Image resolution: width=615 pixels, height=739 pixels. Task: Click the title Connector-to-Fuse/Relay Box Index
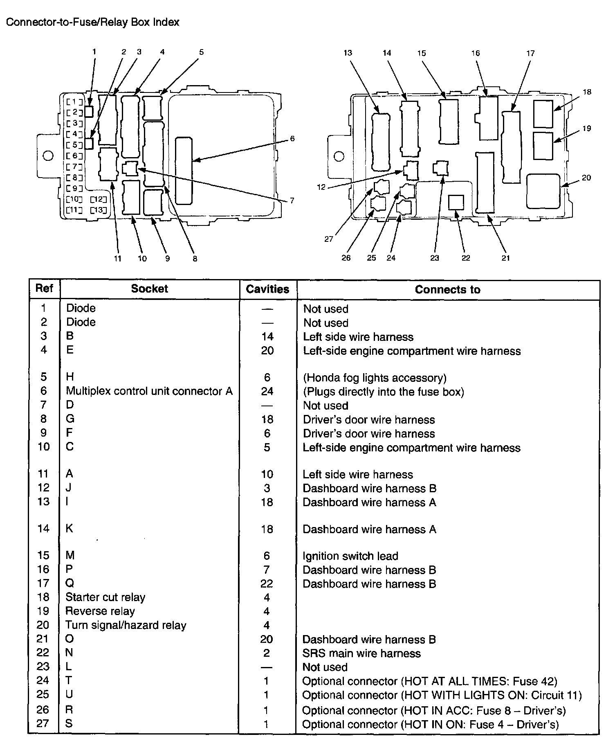tap(93, 22)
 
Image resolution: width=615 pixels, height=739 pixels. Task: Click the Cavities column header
tap(267, 289)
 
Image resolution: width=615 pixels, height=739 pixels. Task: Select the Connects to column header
tap(447, 290)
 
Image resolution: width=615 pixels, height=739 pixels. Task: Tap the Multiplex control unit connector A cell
tap(149, 391)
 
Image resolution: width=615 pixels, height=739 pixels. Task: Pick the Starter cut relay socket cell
tap(105, 597)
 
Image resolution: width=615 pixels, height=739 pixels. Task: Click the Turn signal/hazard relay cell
tap(126, 625)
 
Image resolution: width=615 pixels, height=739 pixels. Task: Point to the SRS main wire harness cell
tap(361, 653)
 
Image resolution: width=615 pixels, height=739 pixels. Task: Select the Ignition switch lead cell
tap(350, 556)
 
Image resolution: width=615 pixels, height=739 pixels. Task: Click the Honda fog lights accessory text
tap(375, 378)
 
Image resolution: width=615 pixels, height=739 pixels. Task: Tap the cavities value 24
tap(267, 392)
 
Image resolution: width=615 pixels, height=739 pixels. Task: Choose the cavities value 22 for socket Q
tap(267, 584)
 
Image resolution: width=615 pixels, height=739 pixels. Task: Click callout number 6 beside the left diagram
tap(292, 139)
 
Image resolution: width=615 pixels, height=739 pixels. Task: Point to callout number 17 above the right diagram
tap(530, 53)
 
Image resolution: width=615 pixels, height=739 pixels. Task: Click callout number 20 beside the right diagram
tap(586, 178)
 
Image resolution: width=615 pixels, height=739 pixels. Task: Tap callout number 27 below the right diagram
tap(329, 239)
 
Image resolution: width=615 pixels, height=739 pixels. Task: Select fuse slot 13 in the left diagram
tap(98, 210)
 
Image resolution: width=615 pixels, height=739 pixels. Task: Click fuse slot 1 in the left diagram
tap(75, 102)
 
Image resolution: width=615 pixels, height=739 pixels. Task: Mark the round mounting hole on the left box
tap(48, 156)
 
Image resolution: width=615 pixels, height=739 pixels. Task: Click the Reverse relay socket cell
tap(100, 611)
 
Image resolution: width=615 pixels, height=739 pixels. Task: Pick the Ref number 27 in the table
tap(43, 723)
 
